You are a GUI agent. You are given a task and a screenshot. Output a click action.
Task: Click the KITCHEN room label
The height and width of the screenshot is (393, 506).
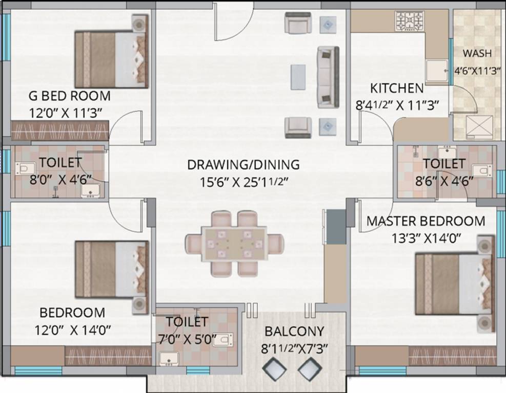397,88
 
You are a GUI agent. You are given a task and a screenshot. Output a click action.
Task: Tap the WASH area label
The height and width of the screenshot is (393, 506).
477,53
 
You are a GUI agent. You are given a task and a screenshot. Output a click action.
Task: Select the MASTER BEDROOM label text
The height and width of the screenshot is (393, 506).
426,222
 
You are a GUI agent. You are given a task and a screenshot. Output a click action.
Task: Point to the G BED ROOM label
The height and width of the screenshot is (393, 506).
70,96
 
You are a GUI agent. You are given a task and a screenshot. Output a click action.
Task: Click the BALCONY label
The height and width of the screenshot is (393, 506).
294,331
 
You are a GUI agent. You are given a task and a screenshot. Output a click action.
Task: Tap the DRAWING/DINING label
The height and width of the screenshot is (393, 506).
243,165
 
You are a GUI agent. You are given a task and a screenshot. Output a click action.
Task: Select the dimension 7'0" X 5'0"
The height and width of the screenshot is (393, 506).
187,339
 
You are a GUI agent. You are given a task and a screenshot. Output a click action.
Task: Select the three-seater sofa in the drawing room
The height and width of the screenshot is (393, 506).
328,77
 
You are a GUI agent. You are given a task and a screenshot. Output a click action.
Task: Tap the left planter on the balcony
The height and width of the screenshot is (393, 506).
273,368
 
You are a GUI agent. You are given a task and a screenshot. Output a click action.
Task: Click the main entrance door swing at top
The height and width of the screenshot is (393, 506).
233,20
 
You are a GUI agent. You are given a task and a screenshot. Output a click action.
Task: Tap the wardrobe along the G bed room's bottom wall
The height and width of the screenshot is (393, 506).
60,130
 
